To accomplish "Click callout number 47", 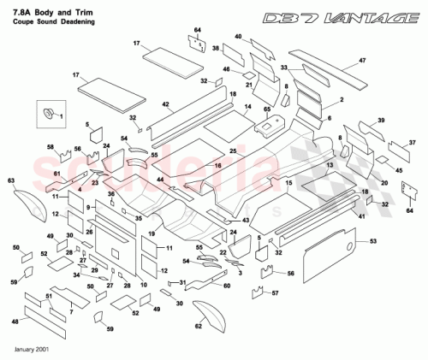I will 362,61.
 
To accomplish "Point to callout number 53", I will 372,243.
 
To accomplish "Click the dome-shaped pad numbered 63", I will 12,180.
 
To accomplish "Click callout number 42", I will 168,104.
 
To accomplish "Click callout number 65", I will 266,109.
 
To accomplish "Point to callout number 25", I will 209,151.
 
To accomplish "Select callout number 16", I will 217,165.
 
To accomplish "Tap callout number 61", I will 56,174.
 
